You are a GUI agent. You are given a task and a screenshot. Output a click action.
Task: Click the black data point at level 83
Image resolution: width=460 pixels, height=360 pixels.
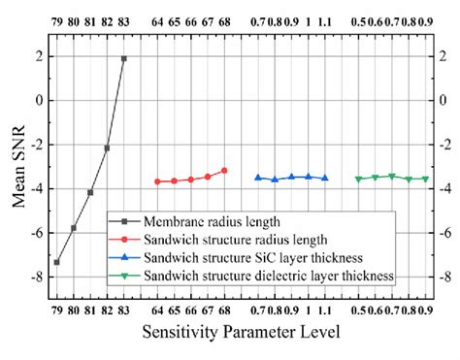123,58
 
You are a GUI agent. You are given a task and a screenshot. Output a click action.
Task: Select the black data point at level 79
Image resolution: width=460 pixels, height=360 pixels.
56,262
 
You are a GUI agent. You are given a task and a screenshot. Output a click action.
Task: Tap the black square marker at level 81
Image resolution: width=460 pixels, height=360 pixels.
90,192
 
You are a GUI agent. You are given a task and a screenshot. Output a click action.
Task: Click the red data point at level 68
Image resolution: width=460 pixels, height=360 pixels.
224,170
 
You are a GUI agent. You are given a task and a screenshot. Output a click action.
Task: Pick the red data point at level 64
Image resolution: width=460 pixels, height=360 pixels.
157,181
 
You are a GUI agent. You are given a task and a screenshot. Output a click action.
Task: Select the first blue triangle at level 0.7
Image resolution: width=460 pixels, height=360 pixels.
257,177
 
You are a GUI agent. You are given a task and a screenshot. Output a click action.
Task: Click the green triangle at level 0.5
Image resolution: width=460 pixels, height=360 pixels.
358,179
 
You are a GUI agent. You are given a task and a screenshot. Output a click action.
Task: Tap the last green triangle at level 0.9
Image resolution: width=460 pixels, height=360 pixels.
424,179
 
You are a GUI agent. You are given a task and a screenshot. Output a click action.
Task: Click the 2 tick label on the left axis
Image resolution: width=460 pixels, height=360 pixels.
38,56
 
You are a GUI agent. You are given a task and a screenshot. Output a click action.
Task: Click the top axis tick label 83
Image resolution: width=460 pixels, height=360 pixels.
123,17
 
